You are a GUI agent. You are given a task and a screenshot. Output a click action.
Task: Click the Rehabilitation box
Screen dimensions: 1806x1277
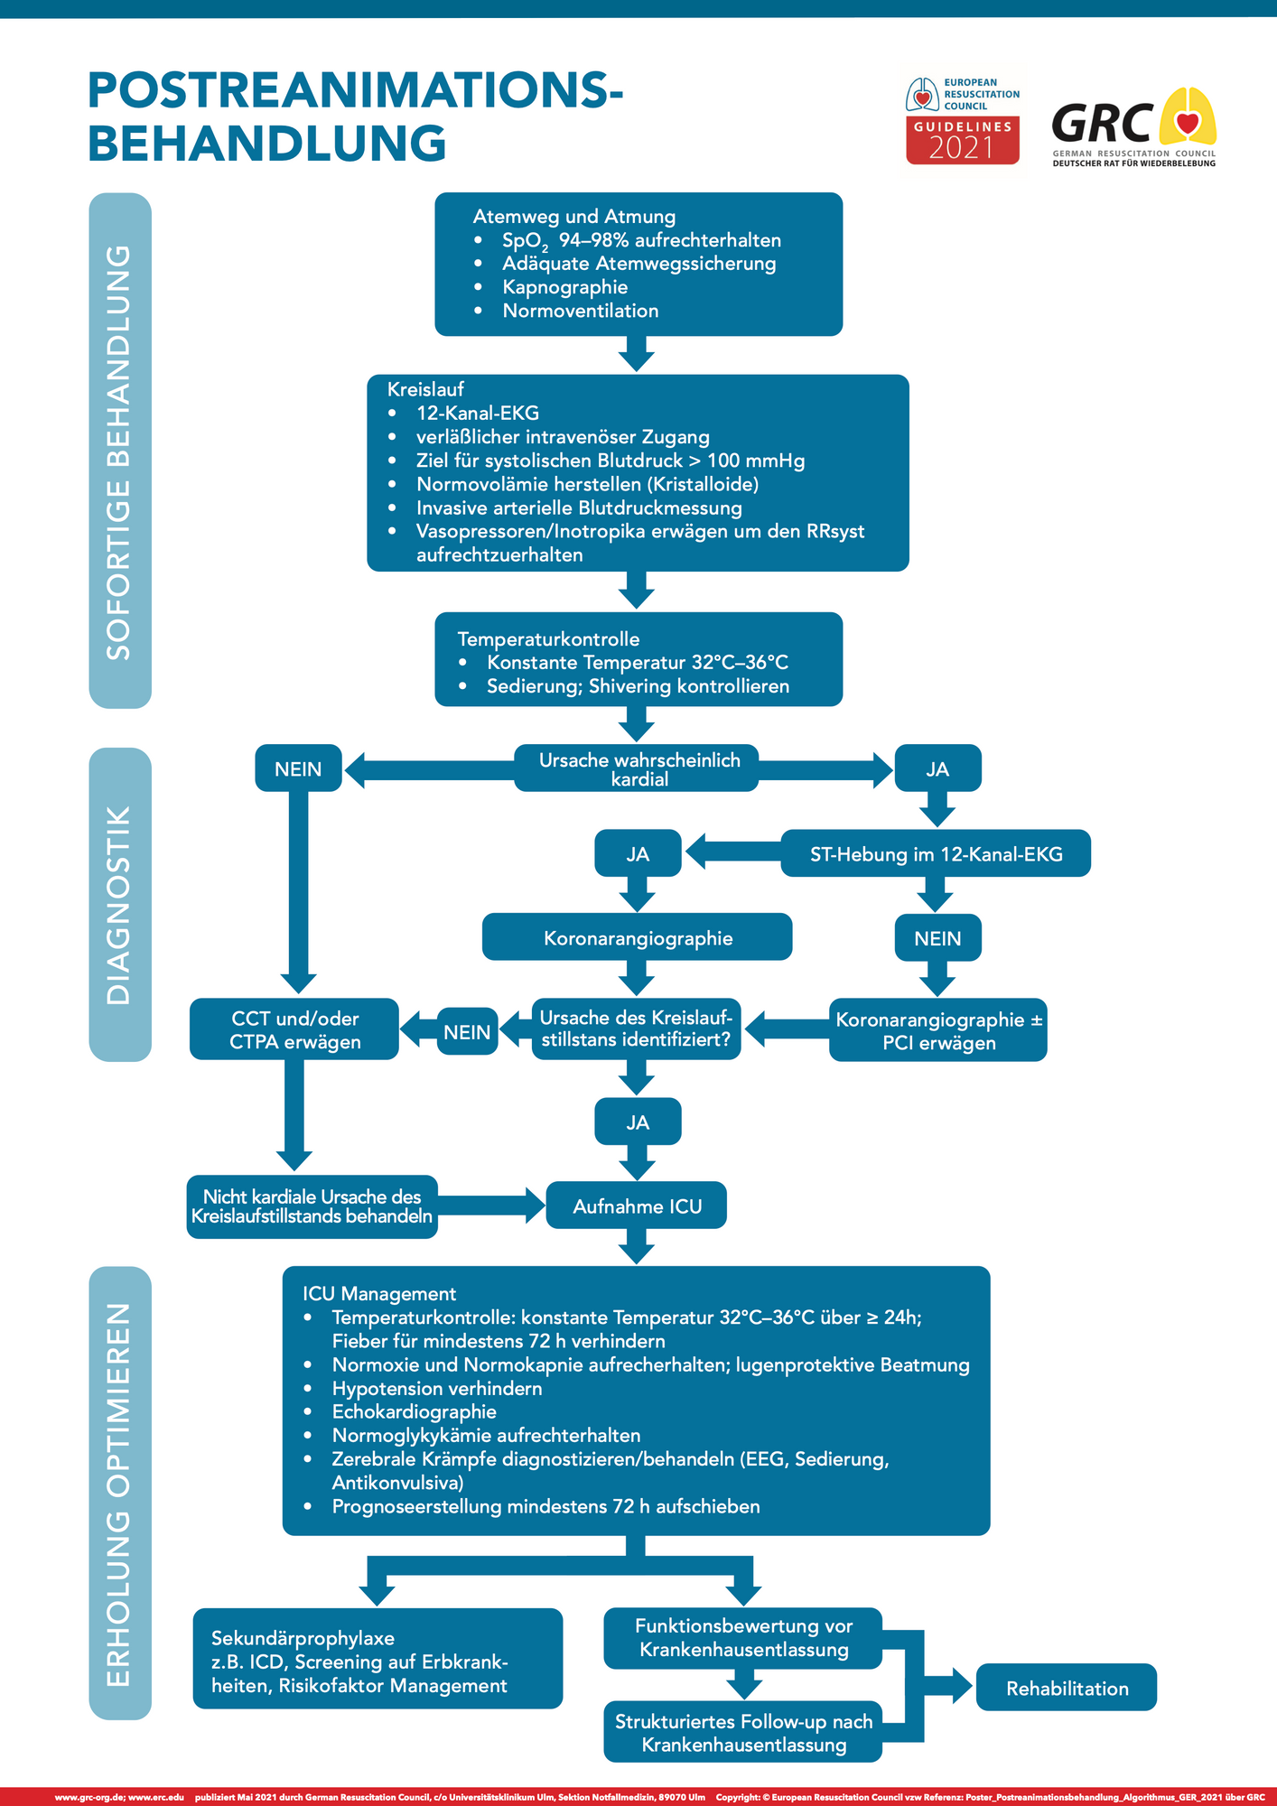click(x=1066, y=1688)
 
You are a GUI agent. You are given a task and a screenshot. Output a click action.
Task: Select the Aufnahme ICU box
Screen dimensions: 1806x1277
click(x=637, y=1206)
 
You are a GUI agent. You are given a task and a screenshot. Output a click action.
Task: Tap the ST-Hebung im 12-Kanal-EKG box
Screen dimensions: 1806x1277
click(x=936, y=853)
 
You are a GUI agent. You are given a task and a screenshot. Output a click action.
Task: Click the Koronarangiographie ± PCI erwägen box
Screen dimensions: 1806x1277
click(x=938, y=1030)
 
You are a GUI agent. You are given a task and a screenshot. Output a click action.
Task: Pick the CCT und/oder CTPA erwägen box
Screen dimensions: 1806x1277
click(x=294, y=1029)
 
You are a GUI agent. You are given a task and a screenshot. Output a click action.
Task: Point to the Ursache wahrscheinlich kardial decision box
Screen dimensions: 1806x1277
click(x=638, y=769)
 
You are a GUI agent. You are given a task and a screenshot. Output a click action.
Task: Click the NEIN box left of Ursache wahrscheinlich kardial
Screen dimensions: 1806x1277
click(x=298, y=768)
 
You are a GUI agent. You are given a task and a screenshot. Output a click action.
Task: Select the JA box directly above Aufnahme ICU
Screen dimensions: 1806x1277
click(x=638, y=1122)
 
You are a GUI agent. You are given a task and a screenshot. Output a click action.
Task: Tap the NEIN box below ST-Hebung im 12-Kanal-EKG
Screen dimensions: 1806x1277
click(x=937, y=938)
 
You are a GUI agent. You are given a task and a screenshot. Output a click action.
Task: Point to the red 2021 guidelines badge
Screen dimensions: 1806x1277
click(x=963, y=141)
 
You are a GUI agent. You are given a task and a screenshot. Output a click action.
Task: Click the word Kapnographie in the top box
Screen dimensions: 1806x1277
click(x=564, y=287)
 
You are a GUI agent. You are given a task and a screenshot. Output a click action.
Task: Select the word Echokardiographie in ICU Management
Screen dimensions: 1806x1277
click(x=414, y=1411)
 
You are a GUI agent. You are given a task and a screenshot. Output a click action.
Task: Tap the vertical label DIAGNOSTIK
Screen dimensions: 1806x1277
click(x=119, y=904)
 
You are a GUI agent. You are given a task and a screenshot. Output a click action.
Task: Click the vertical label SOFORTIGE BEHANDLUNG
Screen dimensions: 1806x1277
click(x=119, y=451)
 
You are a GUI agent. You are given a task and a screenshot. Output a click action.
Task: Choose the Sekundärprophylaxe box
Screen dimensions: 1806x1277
click(x=378, y=1662)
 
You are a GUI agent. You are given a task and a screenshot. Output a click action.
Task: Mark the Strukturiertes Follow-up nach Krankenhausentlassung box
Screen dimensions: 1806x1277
click(x=743, y=1733)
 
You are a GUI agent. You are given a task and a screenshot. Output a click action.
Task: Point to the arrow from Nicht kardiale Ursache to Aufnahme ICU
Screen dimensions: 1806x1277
click(x=492, y=1206)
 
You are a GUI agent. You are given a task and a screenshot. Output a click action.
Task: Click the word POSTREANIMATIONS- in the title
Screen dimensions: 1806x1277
click(x=355, y=91)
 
